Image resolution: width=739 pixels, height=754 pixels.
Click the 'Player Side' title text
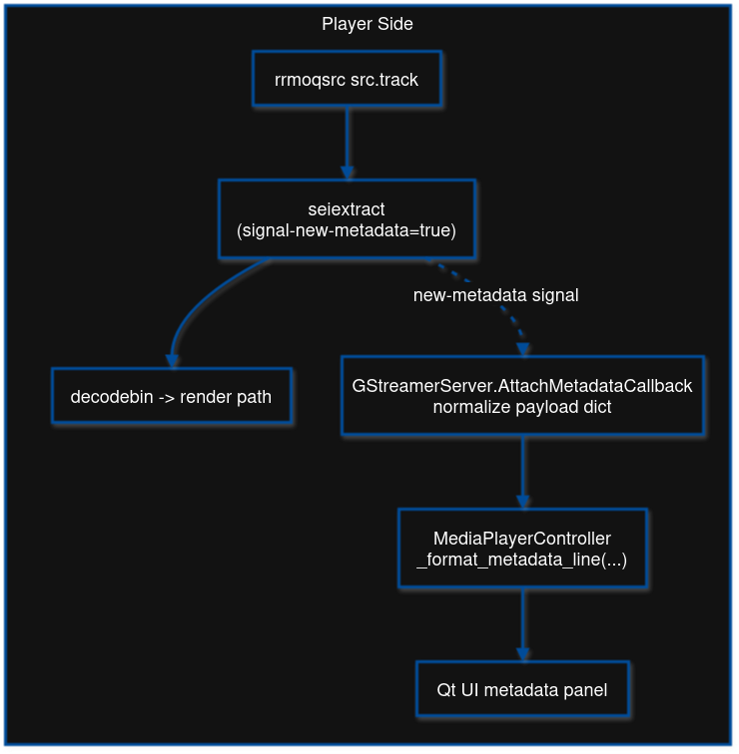coord(368,24)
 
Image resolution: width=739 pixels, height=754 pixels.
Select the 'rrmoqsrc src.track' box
coord(347,79)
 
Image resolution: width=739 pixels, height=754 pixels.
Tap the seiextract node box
coord(347,220)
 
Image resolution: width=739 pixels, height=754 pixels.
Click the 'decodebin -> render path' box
coord(172,397)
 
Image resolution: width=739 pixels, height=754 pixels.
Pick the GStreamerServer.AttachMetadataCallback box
coord(522,396)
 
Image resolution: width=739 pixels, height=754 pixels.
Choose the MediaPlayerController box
coord(522,549)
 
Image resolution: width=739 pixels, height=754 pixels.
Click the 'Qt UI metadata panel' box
coord(522,689)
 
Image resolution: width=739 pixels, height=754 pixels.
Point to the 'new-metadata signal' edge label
coord(495,295)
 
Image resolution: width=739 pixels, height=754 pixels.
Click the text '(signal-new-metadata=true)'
coord(347,230)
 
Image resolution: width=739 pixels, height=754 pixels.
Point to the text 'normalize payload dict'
coord(522,406)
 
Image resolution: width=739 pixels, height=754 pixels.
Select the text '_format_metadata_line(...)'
coord(522,560)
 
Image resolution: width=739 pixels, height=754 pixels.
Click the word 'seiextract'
coord(347,209)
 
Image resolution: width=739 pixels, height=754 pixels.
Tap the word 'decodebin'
coord(111,397)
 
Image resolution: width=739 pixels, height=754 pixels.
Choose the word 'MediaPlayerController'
coord(522,539)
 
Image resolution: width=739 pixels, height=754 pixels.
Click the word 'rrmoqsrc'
coord(310,79)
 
